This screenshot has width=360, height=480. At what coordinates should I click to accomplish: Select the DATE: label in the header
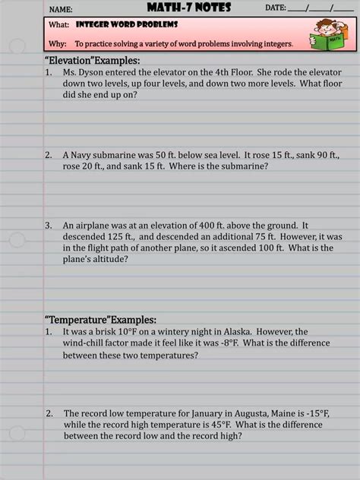pos(275,8)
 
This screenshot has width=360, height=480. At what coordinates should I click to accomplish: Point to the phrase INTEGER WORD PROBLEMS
pos(115,26)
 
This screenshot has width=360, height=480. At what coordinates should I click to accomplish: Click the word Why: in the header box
pos(58,44)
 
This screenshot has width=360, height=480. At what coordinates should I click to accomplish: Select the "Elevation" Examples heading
pos(93,60)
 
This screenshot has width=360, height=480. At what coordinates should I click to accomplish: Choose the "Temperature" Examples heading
pos(100,320)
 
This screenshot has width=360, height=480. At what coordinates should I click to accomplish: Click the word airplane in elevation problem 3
pos(94,226)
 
